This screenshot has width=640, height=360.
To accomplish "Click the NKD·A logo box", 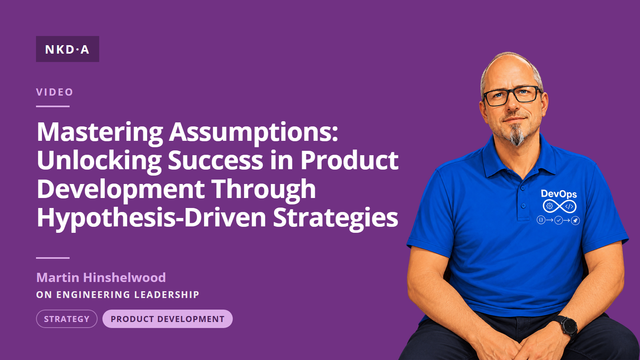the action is coord(68,49).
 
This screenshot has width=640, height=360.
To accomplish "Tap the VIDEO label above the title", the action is coord(54,92).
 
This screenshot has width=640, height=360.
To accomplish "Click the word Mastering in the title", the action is coord(100,133).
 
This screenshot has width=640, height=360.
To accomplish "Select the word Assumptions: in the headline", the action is coord(254,133).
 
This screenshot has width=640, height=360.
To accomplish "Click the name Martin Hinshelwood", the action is coord(101,278).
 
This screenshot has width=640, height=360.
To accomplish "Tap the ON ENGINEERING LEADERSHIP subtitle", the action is coord(118,294).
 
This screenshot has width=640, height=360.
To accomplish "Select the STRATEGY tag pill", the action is coord(67,319).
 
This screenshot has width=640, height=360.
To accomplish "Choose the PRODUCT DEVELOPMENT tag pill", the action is coord(168,319).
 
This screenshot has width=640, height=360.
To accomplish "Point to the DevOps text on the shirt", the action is coord(559,194).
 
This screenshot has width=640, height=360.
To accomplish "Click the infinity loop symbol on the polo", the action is coord(560,206).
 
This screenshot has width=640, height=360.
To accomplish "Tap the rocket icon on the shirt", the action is coord(576,220).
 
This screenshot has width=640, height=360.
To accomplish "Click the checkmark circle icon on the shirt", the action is coord(558,220).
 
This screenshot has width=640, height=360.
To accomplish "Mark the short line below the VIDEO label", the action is coord(53,106).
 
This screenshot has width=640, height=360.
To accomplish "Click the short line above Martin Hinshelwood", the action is coord(53,258).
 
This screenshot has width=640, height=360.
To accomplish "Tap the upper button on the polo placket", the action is coord(523,188).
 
